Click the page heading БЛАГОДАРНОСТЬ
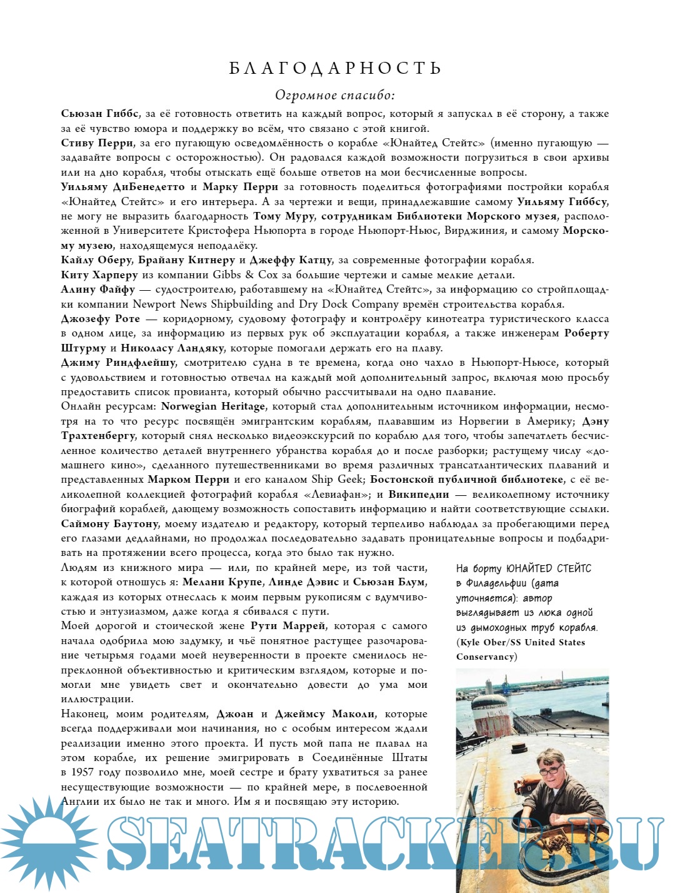click(336, 68)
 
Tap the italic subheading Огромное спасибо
click(335, 95)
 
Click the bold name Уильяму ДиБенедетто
click(123, 187)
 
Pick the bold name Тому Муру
click(284, 216)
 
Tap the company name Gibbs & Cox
click(245, 275)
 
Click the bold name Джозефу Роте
click(101, 319)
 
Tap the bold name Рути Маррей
click(288, 626)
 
